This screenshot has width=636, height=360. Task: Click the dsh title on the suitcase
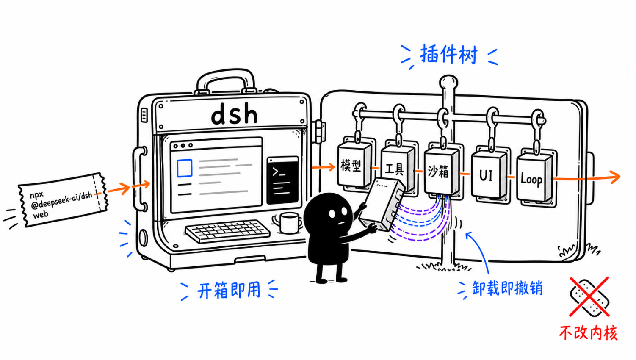[x=235, y=114]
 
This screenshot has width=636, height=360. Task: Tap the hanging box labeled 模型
[x=354, y=165]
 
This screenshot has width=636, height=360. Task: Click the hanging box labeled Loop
[x=534, y=177]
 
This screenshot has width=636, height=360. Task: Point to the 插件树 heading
[x=448, y=54]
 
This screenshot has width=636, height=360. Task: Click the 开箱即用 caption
[x=229, y=290]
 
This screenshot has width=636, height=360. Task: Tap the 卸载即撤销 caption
[x=507, y=288]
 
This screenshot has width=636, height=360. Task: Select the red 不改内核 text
[x=588, y=333]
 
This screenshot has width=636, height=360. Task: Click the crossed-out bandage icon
[x=589, y=296]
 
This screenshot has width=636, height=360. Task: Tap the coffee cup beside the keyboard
[x=288, y=223]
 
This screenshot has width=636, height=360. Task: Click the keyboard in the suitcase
[x=227, y=230]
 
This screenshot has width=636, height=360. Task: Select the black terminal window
[x=283, y=180]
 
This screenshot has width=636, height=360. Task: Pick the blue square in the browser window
[x=184, y=168]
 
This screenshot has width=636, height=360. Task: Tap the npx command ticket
[x=63, y=199]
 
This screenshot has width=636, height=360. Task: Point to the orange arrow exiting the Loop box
[x=586, y=178]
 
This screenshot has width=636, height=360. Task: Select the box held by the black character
[x=382, y=205]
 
